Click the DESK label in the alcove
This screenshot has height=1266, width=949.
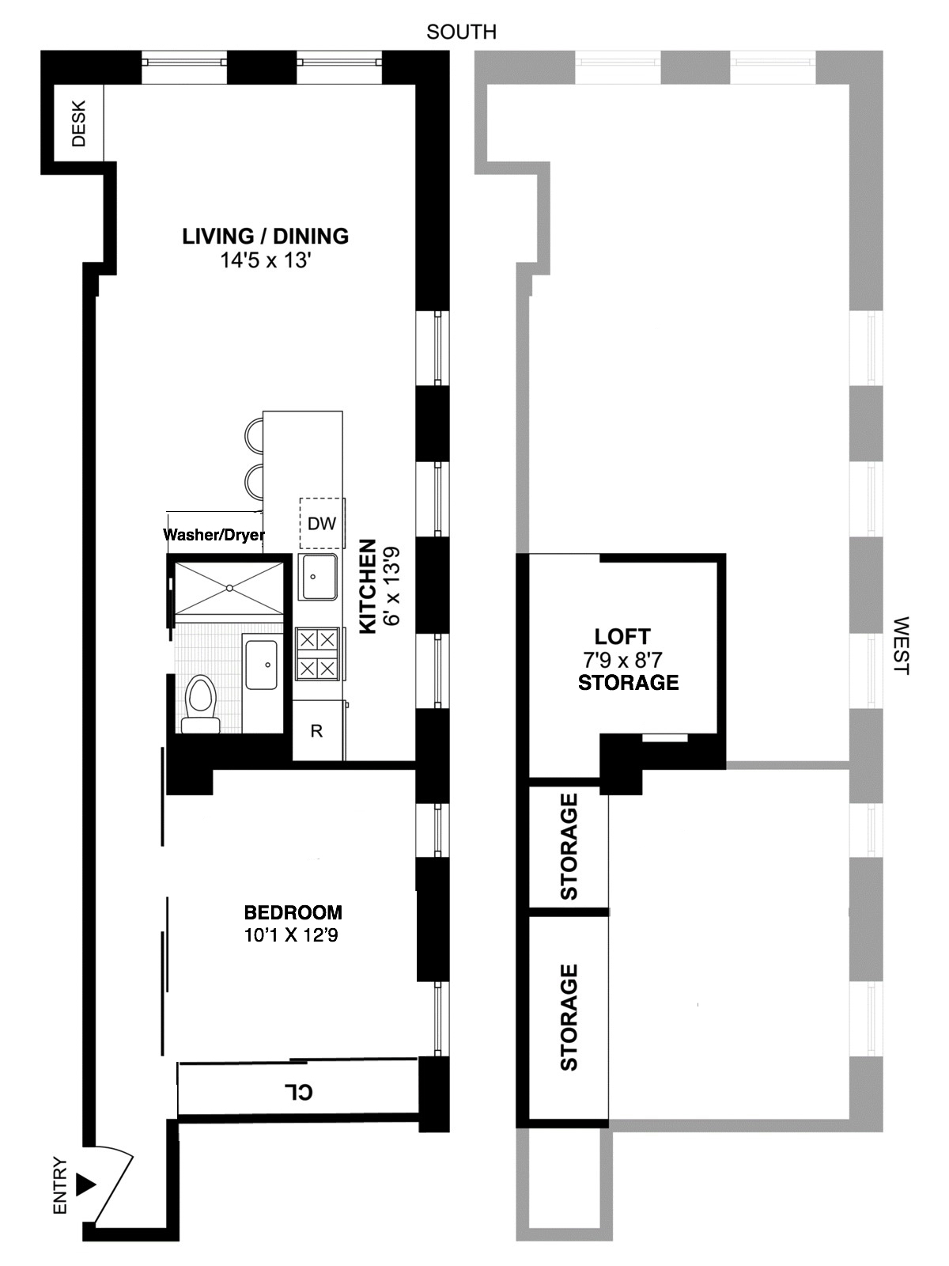click(x=78, y=123)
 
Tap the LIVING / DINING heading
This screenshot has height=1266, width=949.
click(x=266, y=237)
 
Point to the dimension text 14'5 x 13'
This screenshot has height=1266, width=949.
click(x=266, y=261)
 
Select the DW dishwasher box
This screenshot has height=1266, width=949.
click(x=322, y=523)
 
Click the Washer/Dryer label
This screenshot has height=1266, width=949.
click(x=214, y=534)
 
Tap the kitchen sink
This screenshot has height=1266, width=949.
click(x=317, y=577)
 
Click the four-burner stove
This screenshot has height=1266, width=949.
click(x=317, y=654)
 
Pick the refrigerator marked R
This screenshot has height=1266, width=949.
click(x=317, y=731)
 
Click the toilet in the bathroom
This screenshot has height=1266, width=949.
click(x=201, y=704)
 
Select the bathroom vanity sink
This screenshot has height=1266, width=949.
click(x=263, y=665)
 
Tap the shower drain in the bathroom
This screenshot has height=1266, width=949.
click(x=229, y=588)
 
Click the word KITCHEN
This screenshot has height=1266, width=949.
click(x=368, y=586)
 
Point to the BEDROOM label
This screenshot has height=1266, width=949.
click(x=293, y=912)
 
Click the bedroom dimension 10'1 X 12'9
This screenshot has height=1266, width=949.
click(x=291, y=935)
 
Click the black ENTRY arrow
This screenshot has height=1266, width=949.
click(x=86, y=1185)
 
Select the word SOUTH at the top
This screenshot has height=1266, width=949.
click(x=462, y=32)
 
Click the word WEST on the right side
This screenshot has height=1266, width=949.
click(x=902, y=646)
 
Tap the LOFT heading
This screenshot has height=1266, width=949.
click(x=623, y=636)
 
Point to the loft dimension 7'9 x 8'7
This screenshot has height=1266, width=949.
click(x=623, y=658)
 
